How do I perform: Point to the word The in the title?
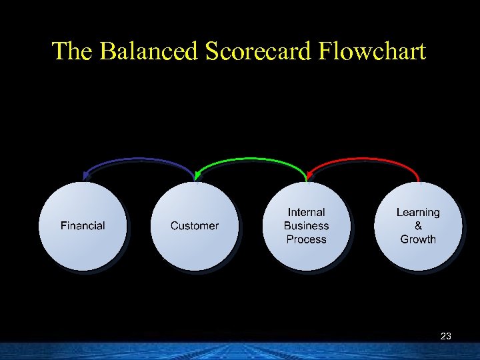tap(73, 51)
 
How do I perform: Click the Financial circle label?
tap(83, 226)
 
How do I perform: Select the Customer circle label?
tap(195, 226)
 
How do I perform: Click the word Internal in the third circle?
tap(306, 213)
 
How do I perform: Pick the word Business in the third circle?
tap(306, 226)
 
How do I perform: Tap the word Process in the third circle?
tap(306, 239)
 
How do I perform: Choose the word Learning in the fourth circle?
tap(418, 213)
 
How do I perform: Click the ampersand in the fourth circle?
tap(418, 226)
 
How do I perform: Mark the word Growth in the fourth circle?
tap(418, 239)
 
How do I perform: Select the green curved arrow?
tap(251, 159)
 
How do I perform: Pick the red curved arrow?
tap(363, 159)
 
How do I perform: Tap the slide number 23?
tap(446, 337)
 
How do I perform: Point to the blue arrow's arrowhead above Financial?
tap(85, 176)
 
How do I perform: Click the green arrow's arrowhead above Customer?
tap(197, 176)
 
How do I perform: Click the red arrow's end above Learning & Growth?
tap(418, 178)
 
